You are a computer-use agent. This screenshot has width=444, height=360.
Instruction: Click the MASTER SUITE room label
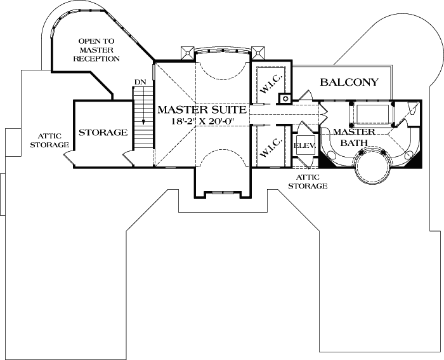pyautogui.click(x=202, y=109)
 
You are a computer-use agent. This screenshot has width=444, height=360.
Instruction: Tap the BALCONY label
pyautogui.click(x=349, y=82)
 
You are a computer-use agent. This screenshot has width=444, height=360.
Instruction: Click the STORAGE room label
pyautogui.click(x=103, y=133)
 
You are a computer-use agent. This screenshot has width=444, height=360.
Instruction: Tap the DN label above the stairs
pyautogui.click(x=140, y=82)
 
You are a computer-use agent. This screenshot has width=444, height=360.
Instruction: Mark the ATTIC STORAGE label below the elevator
pyautogui.click(x=308, y=182)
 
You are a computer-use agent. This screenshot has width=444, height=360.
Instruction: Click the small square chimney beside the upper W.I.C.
pyautogui.click(x=285, y=98)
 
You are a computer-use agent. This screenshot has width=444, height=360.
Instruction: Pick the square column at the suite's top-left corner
pyautogui.click(x=187, y=52)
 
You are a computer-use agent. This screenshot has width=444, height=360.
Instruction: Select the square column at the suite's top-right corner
pyautogui.click(x=257, y=52)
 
